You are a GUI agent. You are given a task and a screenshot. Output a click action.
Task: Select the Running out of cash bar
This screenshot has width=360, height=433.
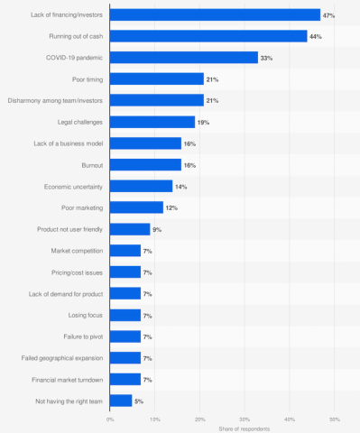208,36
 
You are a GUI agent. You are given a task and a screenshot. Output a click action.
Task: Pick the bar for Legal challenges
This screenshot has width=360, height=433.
152,122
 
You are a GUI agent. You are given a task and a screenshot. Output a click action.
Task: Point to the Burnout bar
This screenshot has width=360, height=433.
145,164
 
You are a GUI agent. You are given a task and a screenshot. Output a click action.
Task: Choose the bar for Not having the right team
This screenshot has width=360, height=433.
121,401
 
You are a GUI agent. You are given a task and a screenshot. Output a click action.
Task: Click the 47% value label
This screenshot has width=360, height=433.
329,14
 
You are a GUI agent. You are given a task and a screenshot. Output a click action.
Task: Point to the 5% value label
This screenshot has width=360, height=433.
139,401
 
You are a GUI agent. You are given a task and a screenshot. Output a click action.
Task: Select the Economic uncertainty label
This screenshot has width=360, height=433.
72,186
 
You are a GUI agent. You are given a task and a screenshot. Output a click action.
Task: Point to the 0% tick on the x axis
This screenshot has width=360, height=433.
110,419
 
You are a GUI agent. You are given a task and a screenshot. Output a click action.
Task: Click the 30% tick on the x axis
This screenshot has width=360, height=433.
245,419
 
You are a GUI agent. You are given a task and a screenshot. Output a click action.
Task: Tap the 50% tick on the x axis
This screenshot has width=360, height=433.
334,419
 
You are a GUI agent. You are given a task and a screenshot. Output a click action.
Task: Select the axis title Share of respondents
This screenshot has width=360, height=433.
222,429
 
